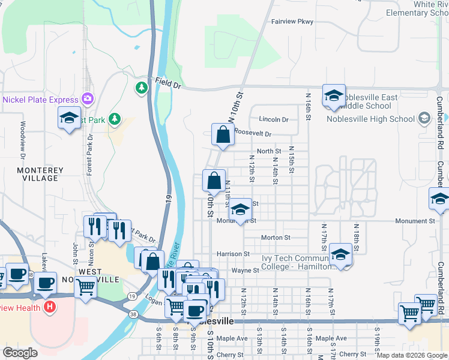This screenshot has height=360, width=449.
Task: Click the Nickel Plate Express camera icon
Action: tap(88, 98)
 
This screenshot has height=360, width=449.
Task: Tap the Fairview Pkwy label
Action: tap(292, 22)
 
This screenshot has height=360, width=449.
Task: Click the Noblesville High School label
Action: tap(370, 119)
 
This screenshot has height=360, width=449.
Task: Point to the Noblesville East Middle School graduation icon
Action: tap(334, 95)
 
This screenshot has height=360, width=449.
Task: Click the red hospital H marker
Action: tap(50, 308)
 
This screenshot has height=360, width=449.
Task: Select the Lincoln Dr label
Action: tap(274, 119)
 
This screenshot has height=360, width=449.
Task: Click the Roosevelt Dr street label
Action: tap(252, 134)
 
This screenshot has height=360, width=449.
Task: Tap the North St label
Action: tap(269, 151)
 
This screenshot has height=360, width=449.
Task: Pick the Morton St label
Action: tap(276, 238)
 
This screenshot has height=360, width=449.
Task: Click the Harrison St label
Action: tap(233, 254)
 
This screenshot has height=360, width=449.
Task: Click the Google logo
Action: tap(20, 353)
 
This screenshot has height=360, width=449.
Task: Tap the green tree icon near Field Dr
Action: tap(142, 89)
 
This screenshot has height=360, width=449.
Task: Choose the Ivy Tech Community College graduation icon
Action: tap(340, 254)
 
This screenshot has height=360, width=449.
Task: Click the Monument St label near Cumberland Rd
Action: tap(415, 221)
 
